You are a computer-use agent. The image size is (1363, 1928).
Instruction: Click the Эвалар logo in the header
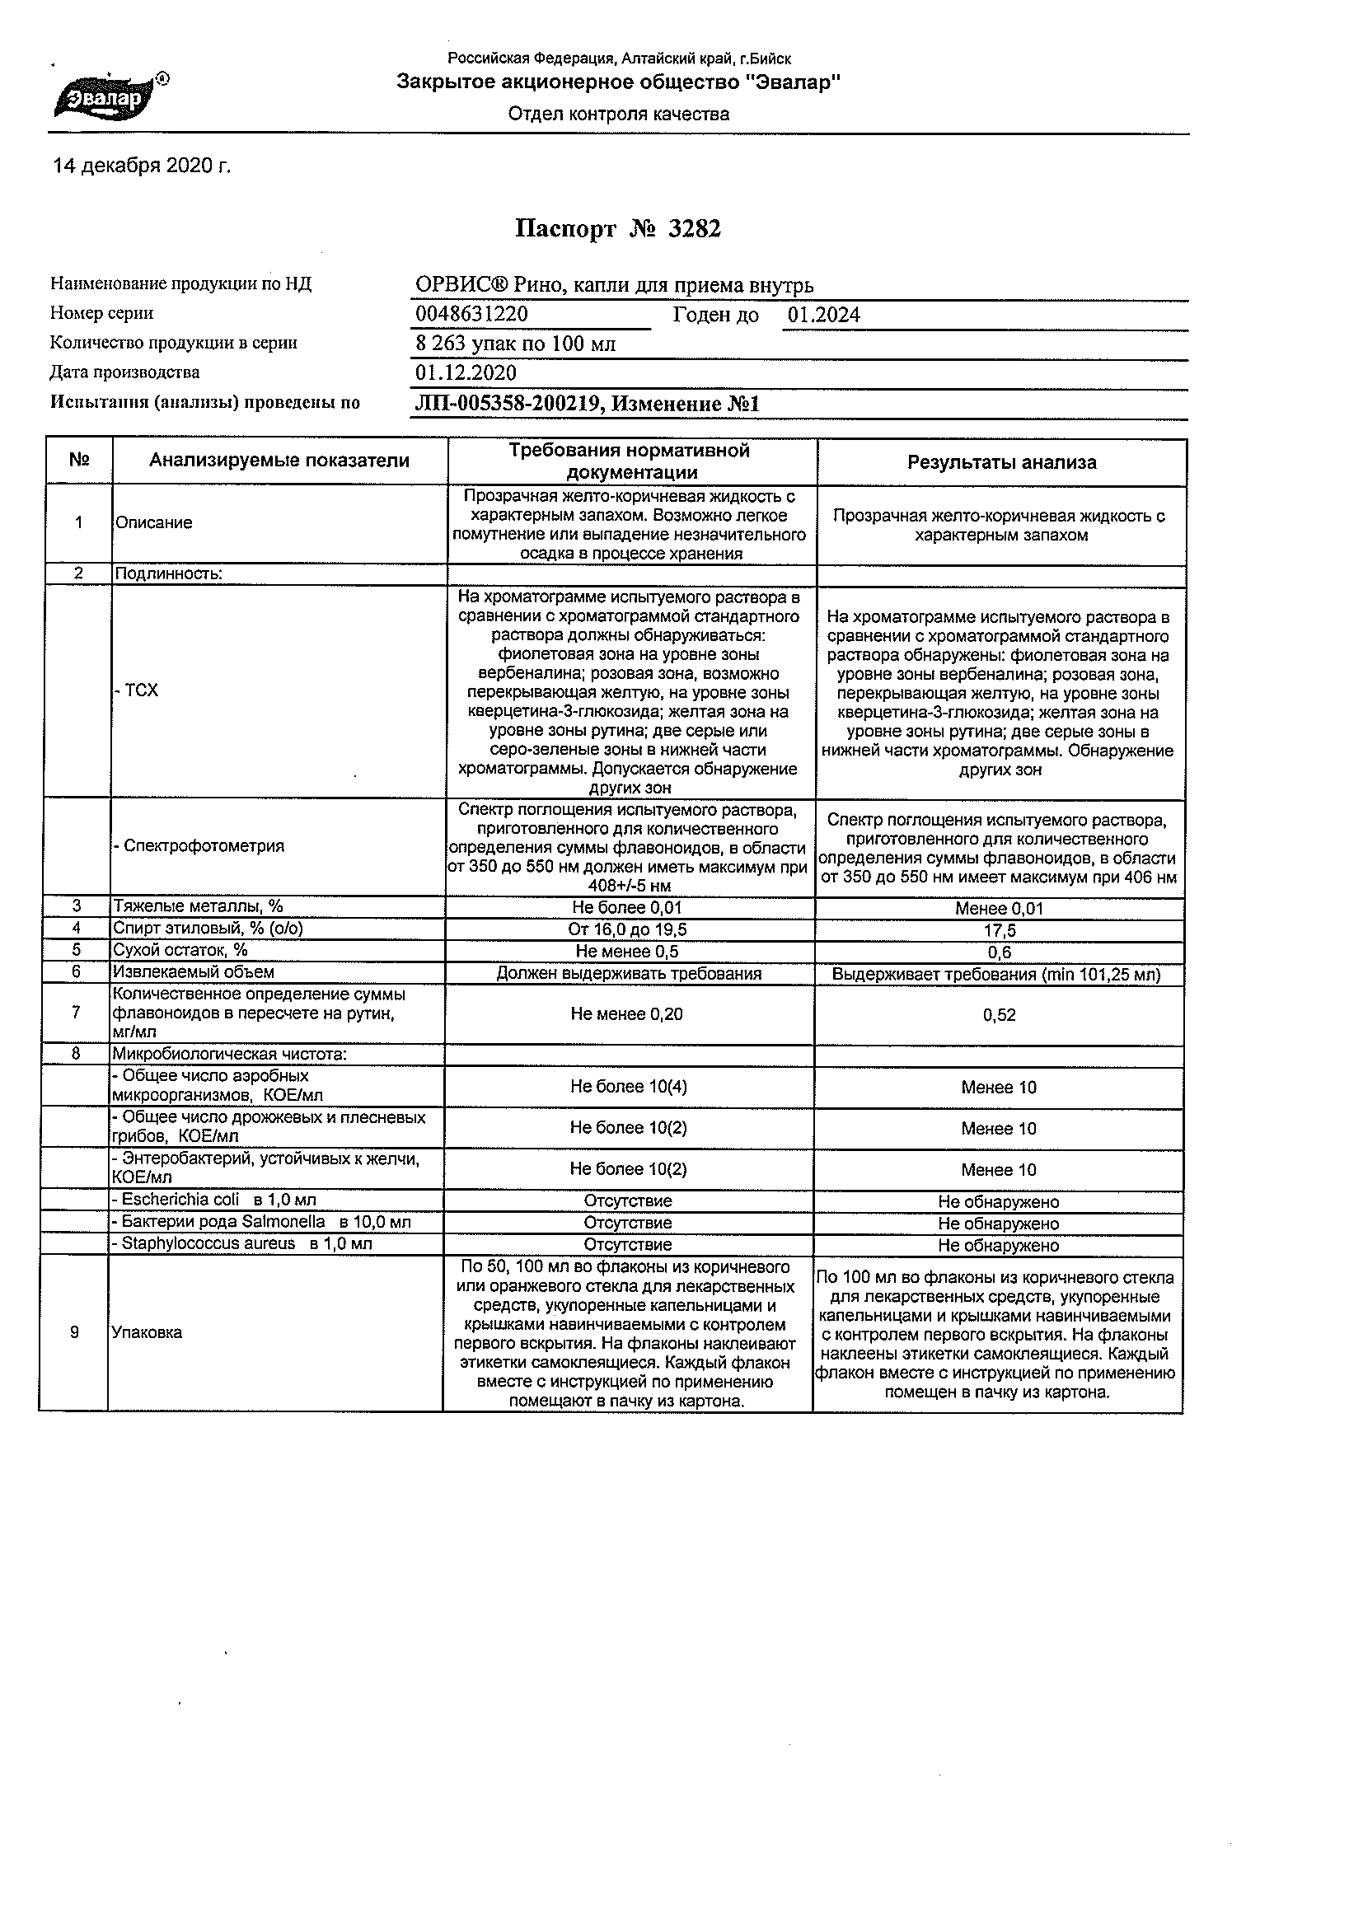(107, 98)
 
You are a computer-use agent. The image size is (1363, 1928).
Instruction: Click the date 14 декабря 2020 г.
(141, 166)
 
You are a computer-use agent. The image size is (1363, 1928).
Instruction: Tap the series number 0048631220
(471, 315)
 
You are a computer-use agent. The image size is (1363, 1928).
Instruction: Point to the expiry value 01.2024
(824, 315)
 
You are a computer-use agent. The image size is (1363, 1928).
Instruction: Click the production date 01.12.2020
(466, 373)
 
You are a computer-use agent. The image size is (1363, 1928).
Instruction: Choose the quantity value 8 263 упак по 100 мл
(516, 344)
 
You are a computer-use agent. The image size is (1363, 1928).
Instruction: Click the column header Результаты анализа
(1001, 462)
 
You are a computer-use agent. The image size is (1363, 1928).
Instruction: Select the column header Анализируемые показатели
(279, 461)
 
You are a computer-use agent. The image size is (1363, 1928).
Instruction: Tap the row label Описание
(153, 522)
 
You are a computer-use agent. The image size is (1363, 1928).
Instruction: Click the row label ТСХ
(138, 690)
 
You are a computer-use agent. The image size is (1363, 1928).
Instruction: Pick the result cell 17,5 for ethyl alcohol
(999, 930)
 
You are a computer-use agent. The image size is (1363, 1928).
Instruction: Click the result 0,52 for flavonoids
(1000, 1015)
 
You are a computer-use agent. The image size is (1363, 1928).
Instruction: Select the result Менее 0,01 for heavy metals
(999, 909)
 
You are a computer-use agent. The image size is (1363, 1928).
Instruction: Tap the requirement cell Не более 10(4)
(628, 1087)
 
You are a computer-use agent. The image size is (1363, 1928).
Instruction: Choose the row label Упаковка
(147, 1332)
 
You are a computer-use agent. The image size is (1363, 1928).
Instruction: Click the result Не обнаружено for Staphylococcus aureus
(999, 1246)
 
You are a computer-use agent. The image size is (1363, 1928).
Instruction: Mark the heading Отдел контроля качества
(618, 115)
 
